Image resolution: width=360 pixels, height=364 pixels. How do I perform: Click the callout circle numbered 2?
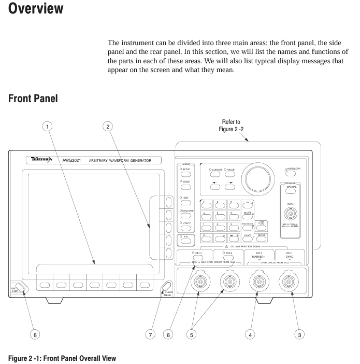coord(108,125)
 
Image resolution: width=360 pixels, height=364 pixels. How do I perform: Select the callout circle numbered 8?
coord(35,334)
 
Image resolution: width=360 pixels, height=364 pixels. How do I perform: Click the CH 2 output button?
coord(228,254)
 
